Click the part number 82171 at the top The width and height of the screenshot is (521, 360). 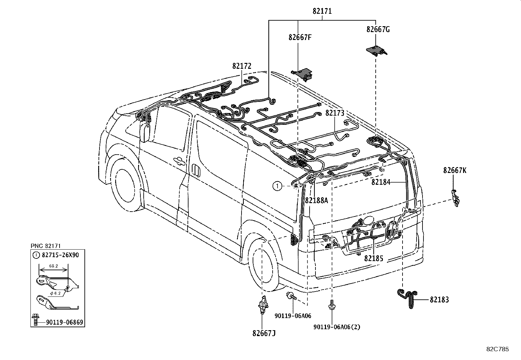pos(322,11)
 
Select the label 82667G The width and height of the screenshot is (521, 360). pos(378,29)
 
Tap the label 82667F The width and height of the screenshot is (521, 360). pos(300,37)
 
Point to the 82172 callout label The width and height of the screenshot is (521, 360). pos(242,66)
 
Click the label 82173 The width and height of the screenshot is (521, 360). pos(335,113)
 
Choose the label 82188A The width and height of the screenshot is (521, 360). pos(316,200)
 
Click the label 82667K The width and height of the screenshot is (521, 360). pos(455,170)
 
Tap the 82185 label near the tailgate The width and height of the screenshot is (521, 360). pos(373,259)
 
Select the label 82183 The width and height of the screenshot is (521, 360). pos(439,300)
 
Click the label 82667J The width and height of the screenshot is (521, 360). pos(264,333)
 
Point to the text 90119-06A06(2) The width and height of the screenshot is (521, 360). pos(337,327)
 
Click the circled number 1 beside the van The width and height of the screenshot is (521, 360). pos(277,186)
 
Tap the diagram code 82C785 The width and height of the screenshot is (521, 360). pos(497,349)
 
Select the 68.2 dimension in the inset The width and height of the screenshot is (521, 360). pos(54,266)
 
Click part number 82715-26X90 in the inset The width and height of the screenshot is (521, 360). pos(60,255)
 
